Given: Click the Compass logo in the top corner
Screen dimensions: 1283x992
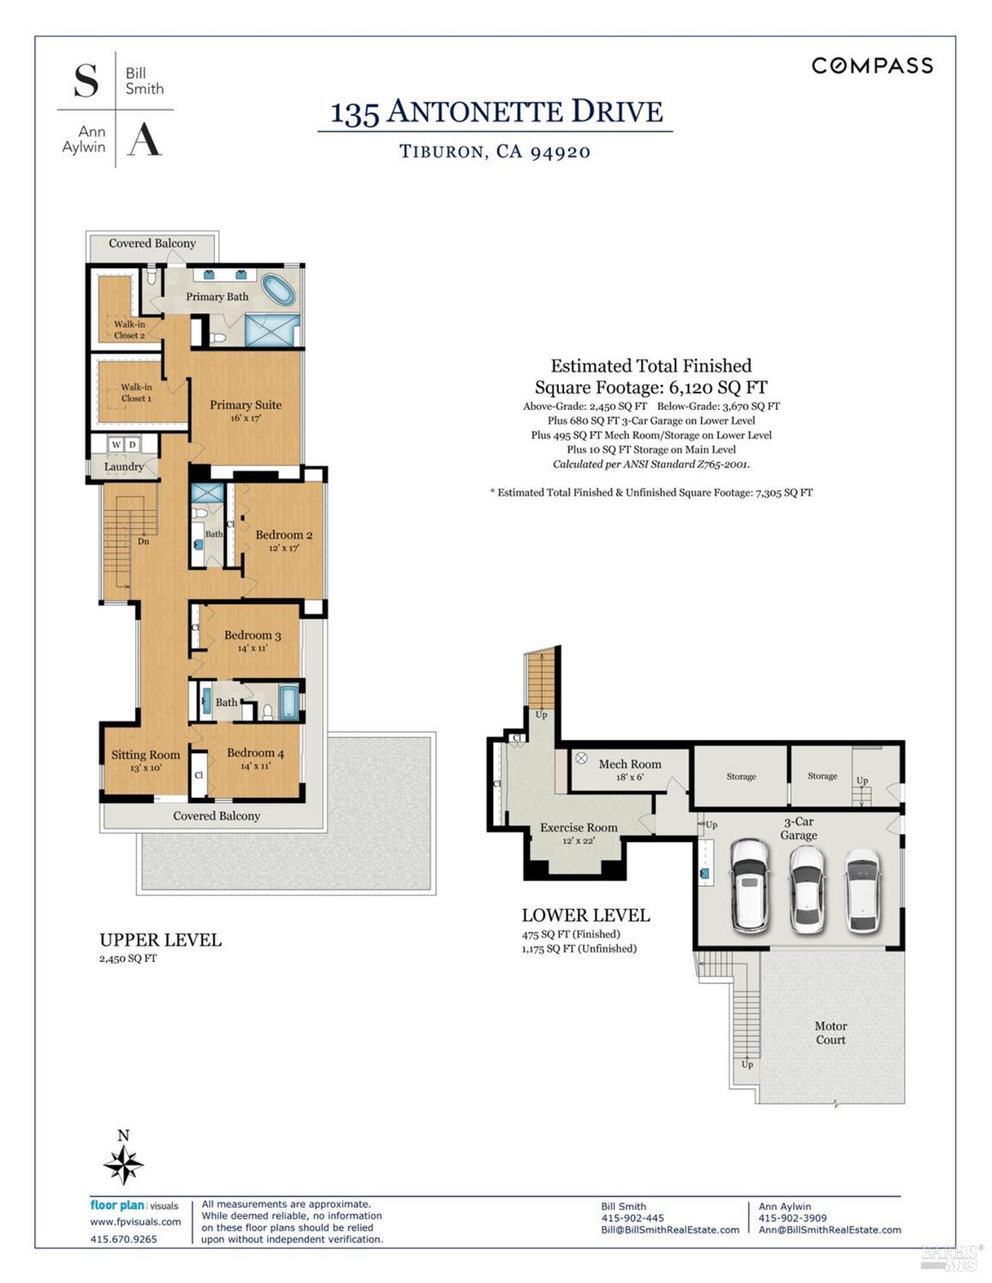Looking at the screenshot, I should click(x=871, y=66).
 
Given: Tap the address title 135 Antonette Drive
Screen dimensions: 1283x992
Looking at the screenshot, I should click(x=496, y=112).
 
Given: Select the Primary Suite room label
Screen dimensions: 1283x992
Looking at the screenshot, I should click(x=246, y=405).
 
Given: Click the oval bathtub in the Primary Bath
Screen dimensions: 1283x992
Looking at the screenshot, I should click(x=278, y=290).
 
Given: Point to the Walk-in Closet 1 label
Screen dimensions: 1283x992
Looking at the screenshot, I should click(x=136, y=393).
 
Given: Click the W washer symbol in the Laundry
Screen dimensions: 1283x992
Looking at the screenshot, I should click(x=116, y=444).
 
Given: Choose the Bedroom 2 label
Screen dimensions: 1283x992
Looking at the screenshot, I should click(x=283, y=535).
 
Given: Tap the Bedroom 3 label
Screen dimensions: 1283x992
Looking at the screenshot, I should click(x=252, y=635).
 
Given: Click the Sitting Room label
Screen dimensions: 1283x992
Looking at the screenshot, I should click(x=146, y=755).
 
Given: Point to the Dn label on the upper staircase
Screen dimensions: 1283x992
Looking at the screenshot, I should click(x=144, y=541).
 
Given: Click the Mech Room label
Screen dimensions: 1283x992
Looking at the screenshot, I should click(x=630, y=763).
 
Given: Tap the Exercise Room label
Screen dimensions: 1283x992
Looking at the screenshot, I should click(x=579, y=828).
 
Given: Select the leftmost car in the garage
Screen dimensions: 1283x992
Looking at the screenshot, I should click(x=750, y=885).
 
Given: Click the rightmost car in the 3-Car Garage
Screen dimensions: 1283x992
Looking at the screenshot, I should click(x=862, y=890).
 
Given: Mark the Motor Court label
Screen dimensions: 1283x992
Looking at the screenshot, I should click(x=830, y=1033).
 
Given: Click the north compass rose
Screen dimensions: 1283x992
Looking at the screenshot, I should click(x=123, y=1165).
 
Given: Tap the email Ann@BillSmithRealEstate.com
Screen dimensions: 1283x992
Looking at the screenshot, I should click(x=829, y=1230).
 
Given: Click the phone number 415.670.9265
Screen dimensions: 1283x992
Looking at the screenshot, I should click(x=123, y=1238).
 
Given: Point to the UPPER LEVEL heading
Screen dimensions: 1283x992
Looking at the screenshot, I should click(x=160, y=940).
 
